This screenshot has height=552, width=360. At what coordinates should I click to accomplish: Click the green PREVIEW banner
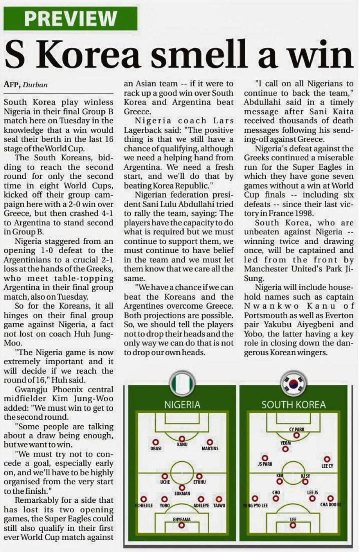(70, 18)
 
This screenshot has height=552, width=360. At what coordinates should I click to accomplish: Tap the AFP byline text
(12, 85)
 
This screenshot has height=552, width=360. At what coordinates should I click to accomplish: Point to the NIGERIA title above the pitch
(182, 405)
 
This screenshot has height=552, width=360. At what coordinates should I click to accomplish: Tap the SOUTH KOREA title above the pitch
(293, 405)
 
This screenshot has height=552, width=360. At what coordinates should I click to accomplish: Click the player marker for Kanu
(182, 439)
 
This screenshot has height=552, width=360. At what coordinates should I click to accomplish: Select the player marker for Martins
(210, 442)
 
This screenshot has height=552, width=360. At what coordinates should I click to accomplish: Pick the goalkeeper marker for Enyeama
(182, 525)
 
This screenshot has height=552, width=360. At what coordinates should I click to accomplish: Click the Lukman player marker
(182, 488)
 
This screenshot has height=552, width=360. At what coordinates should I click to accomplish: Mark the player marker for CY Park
(297, 435)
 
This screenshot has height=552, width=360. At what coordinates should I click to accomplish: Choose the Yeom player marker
(286, 449)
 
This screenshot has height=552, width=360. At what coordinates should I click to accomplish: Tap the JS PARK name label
(265, 464)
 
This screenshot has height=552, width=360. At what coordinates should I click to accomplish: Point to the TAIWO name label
(219, 505)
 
